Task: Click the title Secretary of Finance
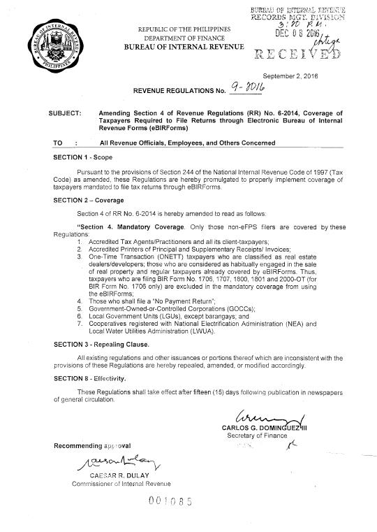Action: point(261,436)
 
